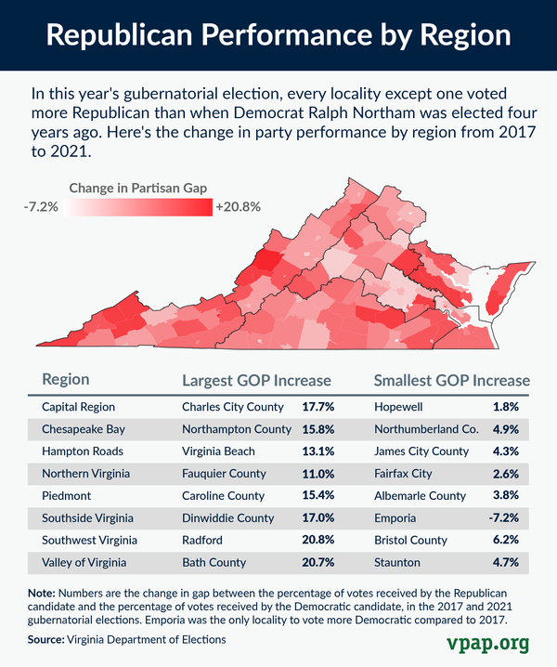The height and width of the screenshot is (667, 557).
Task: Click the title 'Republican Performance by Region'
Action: pyautogui.click(x=278, y=35)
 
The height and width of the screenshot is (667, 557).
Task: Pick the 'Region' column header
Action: pyautogui.click(x=66, y=380)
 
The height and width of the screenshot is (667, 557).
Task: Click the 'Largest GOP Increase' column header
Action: pyautogui.click(x=256, y=380)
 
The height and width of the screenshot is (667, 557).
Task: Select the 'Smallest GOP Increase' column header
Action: pyautogui.click(x=451, y=380)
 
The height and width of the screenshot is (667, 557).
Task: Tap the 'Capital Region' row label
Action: pyautogui.click(x=80, y=407)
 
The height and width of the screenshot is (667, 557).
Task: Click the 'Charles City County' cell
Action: pyautogui.click(x=235, y=407)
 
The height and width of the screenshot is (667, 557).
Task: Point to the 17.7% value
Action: pyautogui.click(x=317, y=407)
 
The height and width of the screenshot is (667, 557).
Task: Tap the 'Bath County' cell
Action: pyautogui.click(x=214, y=563)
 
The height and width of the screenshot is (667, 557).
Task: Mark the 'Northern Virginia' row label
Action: pyautogui.click(x=85, y=474)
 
